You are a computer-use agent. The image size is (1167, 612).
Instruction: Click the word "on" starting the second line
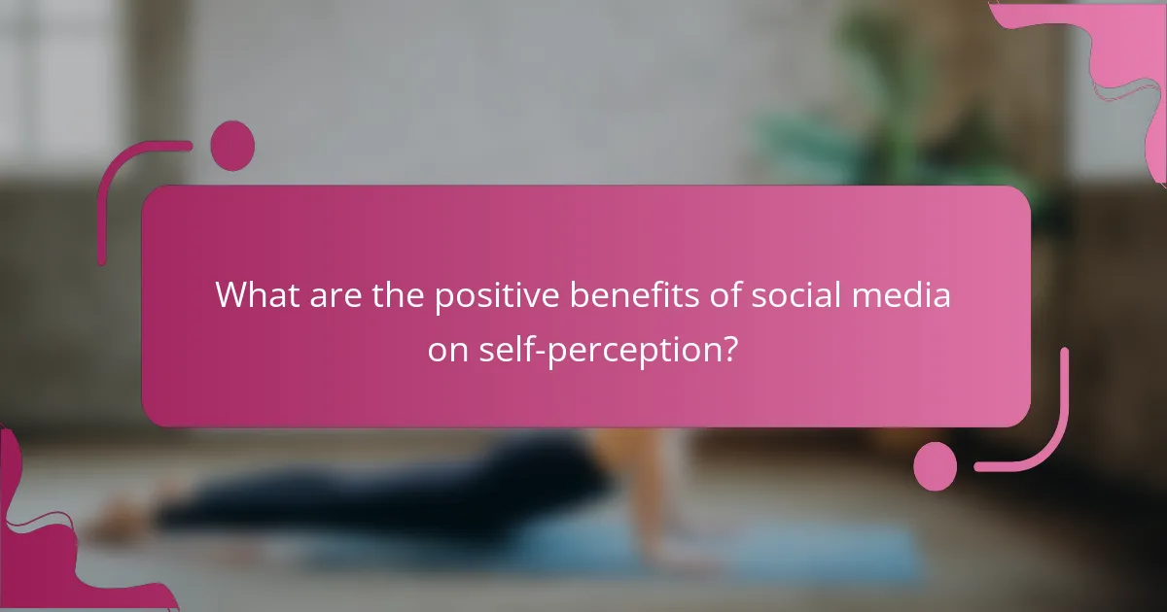[x=447, y=350]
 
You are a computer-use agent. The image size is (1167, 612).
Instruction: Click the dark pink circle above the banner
[x=232, y=146]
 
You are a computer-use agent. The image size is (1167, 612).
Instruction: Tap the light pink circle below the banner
[x=935, y=465]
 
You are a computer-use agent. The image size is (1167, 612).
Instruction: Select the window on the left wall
[x=58, y=78]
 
